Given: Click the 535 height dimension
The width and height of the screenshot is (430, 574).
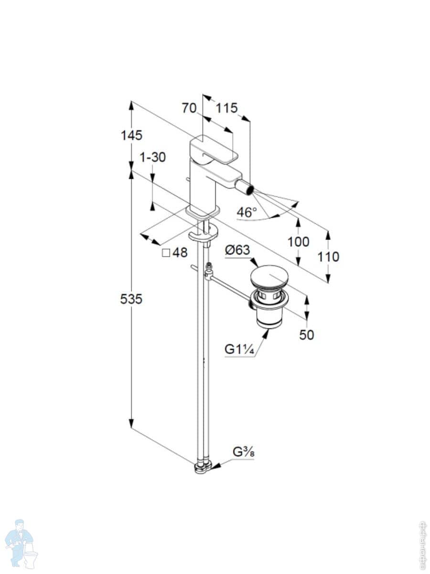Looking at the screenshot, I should [x=131, y=299].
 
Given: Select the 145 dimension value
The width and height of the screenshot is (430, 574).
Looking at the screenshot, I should [x=131, y=135].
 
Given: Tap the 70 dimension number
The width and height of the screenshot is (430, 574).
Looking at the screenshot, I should [x=189, y=108].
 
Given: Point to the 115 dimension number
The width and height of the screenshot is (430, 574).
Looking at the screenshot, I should [x=226, y=108].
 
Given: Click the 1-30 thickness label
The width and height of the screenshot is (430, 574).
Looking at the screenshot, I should [x=152, y=157].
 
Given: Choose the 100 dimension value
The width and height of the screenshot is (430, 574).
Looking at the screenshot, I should [x=299, y=242].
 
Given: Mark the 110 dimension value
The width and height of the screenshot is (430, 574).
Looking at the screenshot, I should [x=328, y=257].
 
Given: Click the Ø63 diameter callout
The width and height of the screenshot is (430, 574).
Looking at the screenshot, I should [x=237, y=250].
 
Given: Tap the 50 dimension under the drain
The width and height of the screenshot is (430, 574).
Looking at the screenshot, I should [x=307, y=335].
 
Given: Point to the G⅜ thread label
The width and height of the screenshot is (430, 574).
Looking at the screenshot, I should [x=243, y=452].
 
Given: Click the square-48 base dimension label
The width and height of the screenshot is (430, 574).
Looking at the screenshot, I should [x=175, y=253].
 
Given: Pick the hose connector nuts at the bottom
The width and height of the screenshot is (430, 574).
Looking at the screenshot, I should [x=203, y=466].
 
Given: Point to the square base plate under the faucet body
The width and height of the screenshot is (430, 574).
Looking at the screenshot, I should [x=203, y=212].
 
